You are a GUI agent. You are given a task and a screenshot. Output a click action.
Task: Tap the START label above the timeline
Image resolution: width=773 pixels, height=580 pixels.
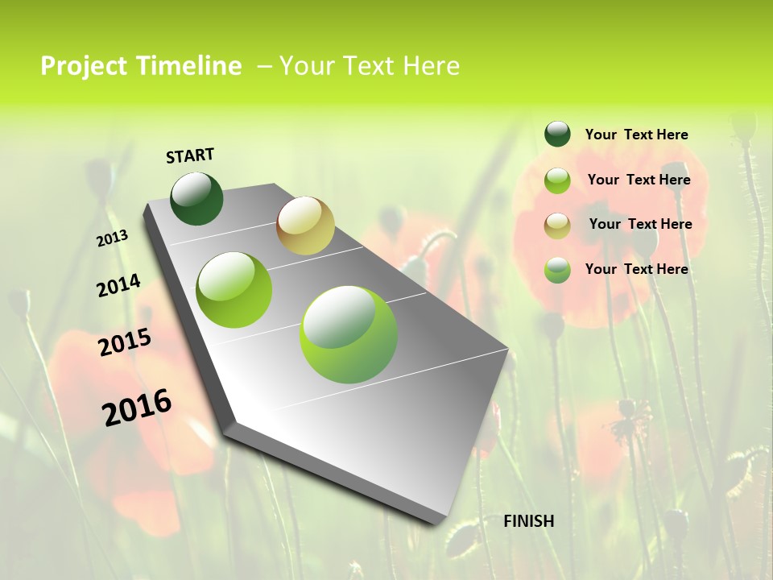click(x=190, y=155)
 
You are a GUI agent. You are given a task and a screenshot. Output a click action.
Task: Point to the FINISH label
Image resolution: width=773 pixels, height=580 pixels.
click(x=528, y=521)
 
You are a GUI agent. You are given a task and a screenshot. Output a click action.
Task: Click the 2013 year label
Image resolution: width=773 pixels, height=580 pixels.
click(x=113, y=238)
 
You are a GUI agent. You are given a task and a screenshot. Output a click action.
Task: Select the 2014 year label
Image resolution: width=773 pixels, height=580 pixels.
click(x=118, y=285)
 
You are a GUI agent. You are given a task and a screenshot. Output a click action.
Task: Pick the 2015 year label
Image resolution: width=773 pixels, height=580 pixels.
click(x=125, y=342)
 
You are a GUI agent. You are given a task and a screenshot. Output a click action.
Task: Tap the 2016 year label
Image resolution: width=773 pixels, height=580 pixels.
click(x=137, y=407)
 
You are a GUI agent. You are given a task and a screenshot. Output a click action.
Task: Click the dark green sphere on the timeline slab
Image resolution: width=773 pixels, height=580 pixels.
click(x=197, y=198)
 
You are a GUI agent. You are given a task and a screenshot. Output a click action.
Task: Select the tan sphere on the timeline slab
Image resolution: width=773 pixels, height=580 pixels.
click(x=305, y=226)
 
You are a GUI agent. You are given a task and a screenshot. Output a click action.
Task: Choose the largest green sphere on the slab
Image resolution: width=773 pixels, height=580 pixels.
click(x=349, y=334)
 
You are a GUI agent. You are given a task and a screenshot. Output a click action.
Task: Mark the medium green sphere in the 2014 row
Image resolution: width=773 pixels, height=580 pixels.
click(x=234, y=290)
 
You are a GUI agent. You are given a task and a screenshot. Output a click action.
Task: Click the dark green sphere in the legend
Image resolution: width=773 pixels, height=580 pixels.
click(x=557, y=135)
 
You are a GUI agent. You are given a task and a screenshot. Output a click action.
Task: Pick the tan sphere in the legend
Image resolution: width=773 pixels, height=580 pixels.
click(x=557, y=225)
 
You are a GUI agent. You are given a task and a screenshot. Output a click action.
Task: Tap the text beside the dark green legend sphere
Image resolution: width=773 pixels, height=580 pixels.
click(x=636, y=135)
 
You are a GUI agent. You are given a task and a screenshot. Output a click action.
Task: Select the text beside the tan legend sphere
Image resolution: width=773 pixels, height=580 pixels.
click(x=640, y=224)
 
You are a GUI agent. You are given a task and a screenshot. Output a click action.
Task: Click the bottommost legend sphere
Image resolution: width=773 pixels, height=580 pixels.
click(x=557, y=270)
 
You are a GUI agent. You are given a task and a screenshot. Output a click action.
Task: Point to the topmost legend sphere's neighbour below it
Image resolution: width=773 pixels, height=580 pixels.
click(x=557, y=180)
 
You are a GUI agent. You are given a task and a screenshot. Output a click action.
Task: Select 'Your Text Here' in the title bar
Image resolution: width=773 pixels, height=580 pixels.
click(x=370, y=66)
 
